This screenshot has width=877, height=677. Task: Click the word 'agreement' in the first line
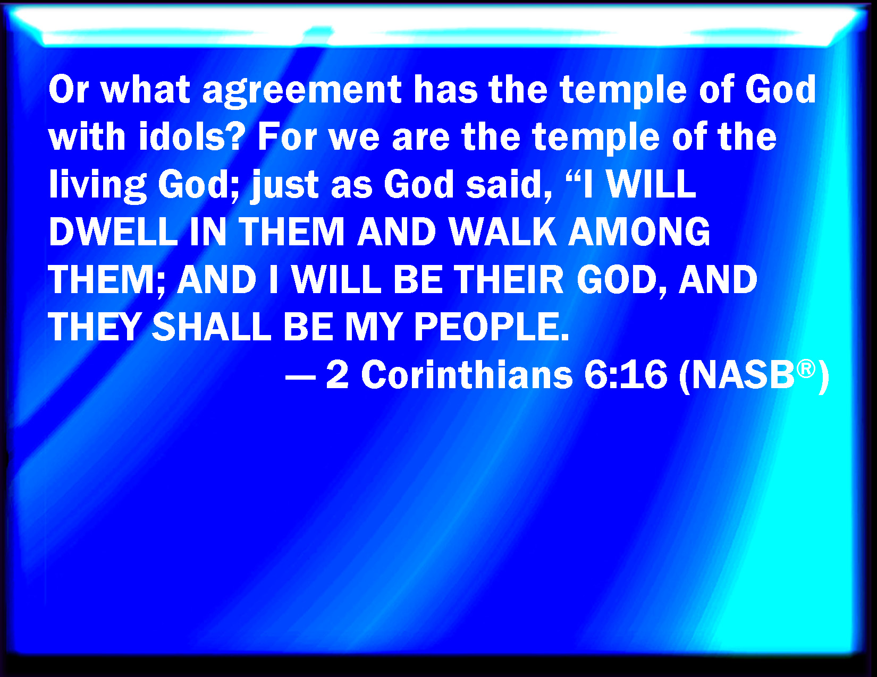click(302, 91)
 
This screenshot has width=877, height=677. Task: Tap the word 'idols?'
click(192, 136)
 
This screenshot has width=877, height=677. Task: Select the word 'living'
click(97, 186)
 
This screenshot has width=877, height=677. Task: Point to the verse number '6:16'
click(625, 375)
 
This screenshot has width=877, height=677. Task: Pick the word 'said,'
click(509, 185)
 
